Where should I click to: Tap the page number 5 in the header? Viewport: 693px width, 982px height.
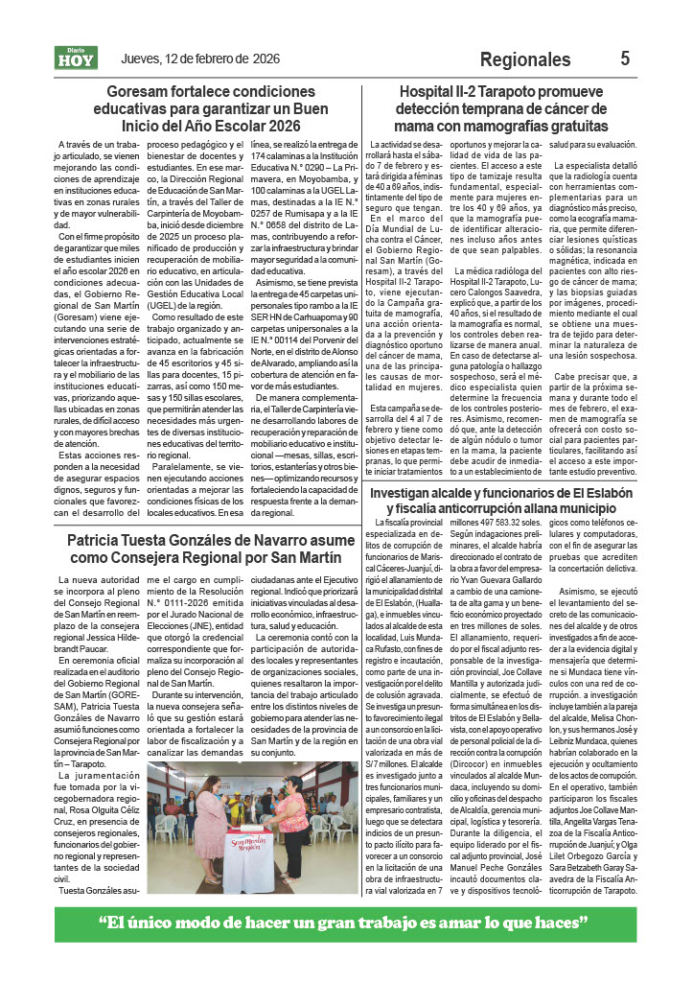coord(625,58)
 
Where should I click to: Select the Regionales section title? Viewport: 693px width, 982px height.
coord(524,59)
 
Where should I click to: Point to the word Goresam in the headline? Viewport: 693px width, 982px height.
coord(142,93)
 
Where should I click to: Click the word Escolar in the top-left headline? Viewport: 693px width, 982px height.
coord(223,126)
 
